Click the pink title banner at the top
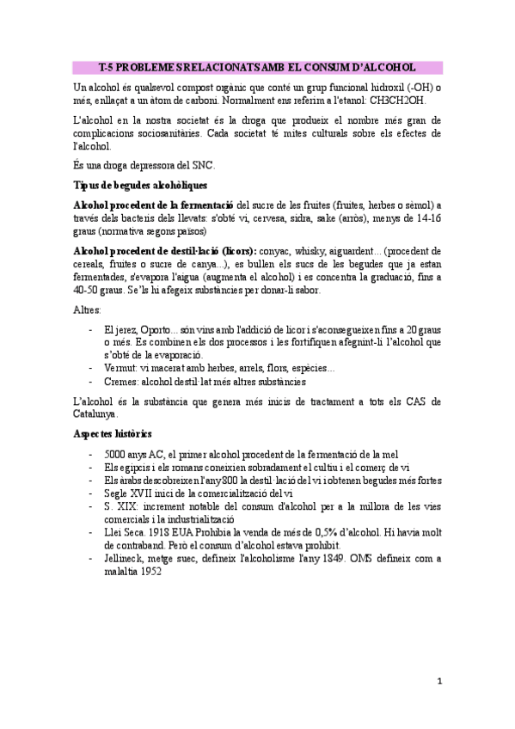tap(257, 66)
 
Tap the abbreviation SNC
tap(202, 164)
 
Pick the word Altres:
tap(87, 309)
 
